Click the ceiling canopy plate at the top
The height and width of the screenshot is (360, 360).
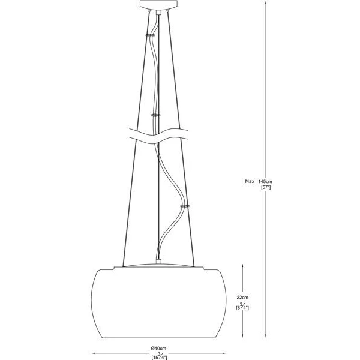coord(158,4)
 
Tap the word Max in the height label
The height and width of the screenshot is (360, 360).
coord(250,181)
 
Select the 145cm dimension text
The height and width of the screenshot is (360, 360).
coord(265,181)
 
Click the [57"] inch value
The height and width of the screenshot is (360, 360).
coord(266,187)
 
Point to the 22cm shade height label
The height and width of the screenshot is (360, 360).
coord(242,298)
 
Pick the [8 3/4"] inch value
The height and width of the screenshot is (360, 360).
coord(242,307)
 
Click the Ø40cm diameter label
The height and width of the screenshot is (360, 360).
coord(158,348)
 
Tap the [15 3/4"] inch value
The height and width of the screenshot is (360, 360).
coord(159,356)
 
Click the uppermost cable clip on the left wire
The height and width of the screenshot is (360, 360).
coord(150,35)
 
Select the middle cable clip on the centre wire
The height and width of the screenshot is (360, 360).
coord(155,115)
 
